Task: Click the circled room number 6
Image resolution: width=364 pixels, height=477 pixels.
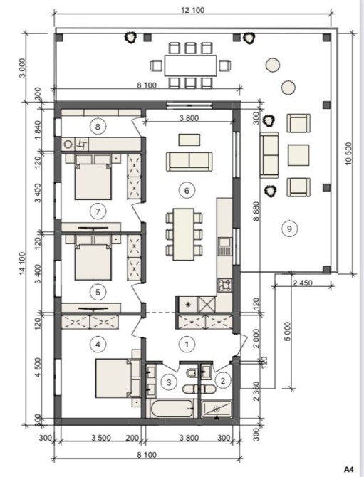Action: point(187,190)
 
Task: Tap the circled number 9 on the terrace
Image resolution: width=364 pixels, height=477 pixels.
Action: point(289,229)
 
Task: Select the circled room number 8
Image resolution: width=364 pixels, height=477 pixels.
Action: point(98,127)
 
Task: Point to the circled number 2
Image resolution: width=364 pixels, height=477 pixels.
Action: point(223,381)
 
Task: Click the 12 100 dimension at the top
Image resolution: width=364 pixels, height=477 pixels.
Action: point(192,10)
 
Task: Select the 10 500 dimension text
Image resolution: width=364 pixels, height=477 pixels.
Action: point(348,154)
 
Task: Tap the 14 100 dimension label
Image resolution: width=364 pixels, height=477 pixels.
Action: point(22,263)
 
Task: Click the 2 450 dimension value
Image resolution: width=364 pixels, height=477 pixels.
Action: point(303,283)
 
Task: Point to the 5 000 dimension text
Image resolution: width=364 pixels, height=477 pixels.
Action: point(287,332)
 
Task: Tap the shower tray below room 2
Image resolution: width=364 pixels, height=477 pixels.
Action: point(217,409)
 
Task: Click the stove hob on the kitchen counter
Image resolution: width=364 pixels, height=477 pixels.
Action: point(224,285)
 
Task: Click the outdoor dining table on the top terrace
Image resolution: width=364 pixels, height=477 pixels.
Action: point(190,65)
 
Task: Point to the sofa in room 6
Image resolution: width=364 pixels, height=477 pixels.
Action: point(189,162)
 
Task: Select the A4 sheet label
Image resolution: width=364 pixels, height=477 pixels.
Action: point(350,468)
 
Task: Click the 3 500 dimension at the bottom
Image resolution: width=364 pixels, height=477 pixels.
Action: point(101,438)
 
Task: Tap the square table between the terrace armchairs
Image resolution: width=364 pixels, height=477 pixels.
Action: point(298,155)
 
